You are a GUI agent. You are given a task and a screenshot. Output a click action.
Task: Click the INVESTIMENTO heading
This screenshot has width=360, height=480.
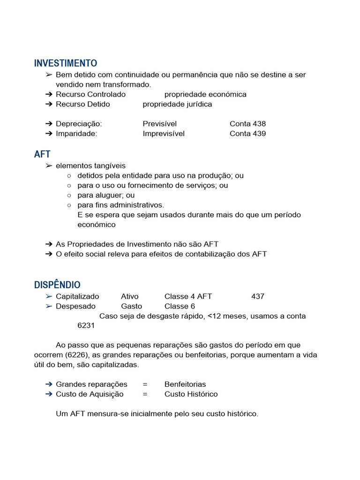tap(66, 63)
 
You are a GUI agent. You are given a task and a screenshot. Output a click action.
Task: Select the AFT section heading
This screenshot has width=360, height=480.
tap(42, 154)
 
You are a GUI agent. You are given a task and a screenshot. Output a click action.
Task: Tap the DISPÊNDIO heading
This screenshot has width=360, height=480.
tap(57, 285)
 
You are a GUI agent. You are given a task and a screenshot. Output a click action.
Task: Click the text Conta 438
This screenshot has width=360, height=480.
tap(247, 124)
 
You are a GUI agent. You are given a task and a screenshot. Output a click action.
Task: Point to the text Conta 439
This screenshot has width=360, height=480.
tap(247, 134)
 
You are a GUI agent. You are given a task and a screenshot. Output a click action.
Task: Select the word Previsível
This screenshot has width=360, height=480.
tap(160, 124)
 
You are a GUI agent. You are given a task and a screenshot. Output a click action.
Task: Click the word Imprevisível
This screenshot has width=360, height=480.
tap(164, 134)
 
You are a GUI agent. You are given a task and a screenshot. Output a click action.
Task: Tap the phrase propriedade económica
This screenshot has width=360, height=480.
tap(205, 94)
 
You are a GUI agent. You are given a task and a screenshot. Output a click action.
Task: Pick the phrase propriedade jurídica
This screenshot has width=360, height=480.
tap(177, 104)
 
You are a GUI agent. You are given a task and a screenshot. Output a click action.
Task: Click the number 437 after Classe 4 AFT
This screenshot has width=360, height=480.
tap(258, 296)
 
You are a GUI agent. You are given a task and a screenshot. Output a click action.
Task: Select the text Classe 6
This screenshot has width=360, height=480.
tap(180, 306)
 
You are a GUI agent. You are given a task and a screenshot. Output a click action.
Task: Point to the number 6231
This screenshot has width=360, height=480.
tap(86, 326)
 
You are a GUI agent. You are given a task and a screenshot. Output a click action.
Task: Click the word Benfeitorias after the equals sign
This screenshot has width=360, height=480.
tap(185, 384)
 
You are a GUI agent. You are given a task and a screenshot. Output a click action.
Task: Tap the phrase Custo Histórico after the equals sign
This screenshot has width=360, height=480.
tap(191, 394)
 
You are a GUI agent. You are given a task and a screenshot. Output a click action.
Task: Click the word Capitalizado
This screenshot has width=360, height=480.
tap(77, 296)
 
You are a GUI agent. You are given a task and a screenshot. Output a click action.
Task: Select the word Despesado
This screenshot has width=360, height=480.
tap(75, 306)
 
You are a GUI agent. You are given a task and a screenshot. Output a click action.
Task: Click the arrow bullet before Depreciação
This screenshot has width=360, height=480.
tap(49, 124)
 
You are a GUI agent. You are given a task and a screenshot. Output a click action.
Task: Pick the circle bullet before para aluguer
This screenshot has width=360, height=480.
tap(69, 195)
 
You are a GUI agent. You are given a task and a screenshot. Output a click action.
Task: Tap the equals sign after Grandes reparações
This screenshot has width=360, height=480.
tap(145, 384)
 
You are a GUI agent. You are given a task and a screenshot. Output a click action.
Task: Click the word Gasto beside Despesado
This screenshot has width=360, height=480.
tap(131, 306)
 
